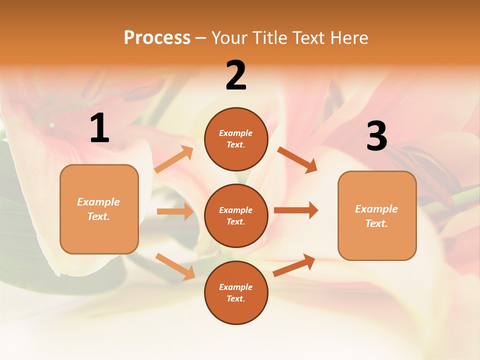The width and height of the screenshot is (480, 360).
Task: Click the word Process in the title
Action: point(157,37)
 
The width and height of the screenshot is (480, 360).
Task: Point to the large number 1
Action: point(99,128)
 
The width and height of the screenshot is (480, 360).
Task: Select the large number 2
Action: point(236,75)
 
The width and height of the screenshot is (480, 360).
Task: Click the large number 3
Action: point(376,136)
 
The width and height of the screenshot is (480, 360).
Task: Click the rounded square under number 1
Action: point(99,209)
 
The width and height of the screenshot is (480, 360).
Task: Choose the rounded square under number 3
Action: point(377,215)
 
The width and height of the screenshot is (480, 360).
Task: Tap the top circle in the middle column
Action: point(236,139)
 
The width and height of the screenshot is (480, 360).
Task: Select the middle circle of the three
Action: point(236,215)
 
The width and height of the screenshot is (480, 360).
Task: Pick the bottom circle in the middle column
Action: point(236,292)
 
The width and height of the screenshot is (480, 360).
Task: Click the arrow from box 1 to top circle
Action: point(174,159)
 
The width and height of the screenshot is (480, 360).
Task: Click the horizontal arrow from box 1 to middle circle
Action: point(175,211)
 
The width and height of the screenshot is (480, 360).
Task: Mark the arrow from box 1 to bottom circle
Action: point(175,266)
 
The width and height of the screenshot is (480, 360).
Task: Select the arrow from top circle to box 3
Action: point(297,159)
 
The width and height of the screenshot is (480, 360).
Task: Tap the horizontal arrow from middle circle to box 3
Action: point(295,210)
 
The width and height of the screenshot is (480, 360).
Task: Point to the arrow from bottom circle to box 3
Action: point(294,265)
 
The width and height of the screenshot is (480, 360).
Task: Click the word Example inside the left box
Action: point(98,202)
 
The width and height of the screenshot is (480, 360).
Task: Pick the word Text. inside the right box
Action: point(376,223)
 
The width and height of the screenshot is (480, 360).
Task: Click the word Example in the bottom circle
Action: point(236,287)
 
